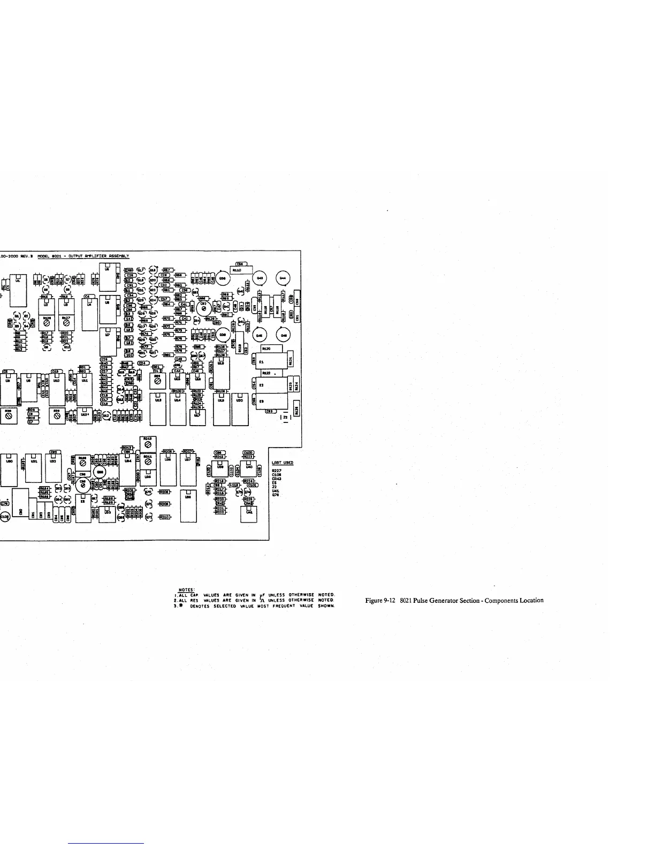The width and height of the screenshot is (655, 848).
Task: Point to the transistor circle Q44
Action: point(283,278)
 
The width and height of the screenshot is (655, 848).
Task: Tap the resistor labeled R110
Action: point(236,271)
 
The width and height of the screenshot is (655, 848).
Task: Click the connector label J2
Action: point(285,417)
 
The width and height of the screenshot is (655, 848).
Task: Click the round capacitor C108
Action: point(4,517)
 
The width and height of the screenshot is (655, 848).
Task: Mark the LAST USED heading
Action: point(282,463)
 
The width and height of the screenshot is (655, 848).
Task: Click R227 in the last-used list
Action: point(277,471)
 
